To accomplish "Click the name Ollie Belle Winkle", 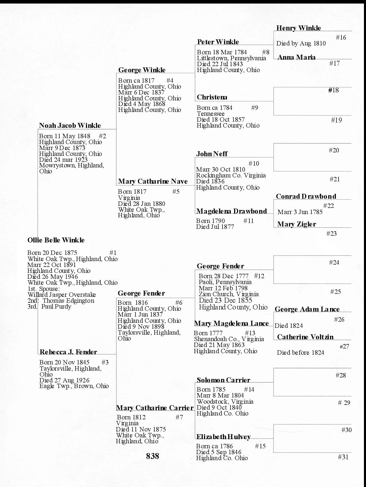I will tap(56, 240).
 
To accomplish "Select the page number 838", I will tap(152, 456).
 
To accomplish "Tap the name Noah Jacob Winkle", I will tap(70, 126).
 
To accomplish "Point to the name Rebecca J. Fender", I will tap(68, 352).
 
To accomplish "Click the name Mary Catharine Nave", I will tap(153, 181).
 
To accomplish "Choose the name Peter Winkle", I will tap(218, 42).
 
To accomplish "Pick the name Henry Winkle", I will tap(298, 28).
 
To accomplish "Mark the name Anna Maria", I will tap(296, 57).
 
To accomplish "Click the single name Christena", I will tap(212, 97).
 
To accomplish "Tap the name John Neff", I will tap(212, 154).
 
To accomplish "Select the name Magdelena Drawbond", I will tap(231, 211).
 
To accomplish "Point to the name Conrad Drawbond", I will tap(306, 196).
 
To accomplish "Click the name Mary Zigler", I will tap(296, 224).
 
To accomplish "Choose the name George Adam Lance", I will tap(307, 309).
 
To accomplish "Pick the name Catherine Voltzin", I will tap(305, 337).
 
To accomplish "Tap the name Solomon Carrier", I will tap(223, 380).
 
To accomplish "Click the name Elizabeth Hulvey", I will tap(223, 437).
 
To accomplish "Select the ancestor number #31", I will tap(343, 457).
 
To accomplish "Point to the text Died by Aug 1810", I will tap(301, 43).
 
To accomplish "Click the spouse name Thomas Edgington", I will tap(68, 301).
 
